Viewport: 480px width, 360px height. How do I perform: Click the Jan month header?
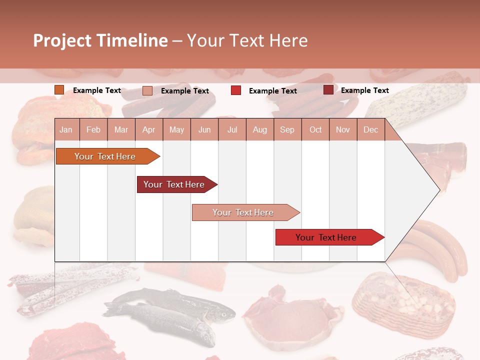click(x=66, y=129)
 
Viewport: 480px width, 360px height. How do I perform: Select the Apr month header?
click(x=149, y=129)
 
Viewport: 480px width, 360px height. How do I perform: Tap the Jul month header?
click(x=232, y=129)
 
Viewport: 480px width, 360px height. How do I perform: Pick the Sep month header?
click(x=287, y=129)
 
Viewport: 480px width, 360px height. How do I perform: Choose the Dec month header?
click(x=370, y=129)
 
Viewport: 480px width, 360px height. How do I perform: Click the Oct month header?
click(x=315, y=129)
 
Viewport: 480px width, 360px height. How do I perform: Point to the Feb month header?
click(x=93, y=129)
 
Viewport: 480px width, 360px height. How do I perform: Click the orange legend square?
click(x=59, y=90)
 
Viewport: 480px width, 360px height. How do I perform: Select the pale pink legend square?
click(x=147, y=90)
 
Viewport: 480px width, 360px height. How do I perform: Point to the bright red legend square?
click(x=236, y=90)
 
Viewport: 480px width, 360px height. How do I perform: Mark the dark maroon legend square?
click(x=328, y=90)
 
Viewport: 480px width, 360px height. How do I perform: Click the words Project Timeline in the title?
click(x=100, y=40)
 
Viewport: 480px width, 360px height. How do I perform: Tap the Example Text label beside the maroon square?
click(x=364, y=90)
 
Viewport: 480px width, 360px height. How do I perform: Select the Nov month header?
click(x=343, y=129)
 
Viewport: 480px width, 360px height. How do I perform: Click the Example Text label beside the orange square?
click(x=97, y=90)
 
